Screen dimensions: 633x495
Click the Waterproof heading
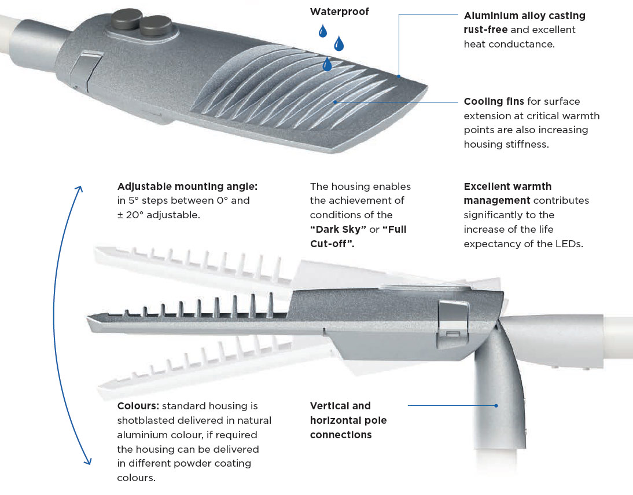[x=339, y=12]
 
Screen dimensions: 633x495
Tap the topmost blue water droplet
[x=322, y=31]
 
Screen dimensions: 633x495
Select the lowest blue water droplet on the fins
[x=327, y=64]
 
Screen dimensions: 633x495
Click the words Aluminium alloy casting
[x=524, y=16]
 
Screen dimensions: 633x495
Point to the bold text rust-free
[x=485, y=30]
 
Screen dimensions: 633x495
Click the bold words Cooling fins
[x=494, y=101]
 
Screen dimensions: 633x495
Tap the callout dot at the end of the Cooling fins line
[x=335, y=102]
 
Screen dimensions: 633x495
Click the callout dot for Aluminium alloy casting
[x=399, y=76]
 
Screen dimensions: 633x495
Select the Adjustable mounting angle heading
[x=187, y=186]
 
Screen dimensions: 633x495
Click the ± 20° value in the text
[x=130, y=215]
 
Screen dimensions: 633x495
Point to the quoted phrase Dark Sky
[x=338, y=229]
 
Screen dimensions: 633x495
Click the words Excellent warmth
[x=507, y=186]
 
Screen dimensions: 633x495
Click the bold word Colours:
[x=138, y=406]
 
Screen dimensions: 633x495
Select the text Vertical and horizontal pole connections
[x=348, y=420]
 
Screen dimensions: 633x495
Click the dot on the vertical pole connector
[x=496, y=405]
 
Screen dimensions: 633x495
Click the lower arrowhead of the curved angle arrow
[x=87, y=460]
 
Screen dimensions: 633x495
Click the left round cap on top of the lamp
[x=126, y=18]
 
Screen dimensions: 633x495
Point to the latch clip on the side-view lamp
[x=453, y=322]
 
